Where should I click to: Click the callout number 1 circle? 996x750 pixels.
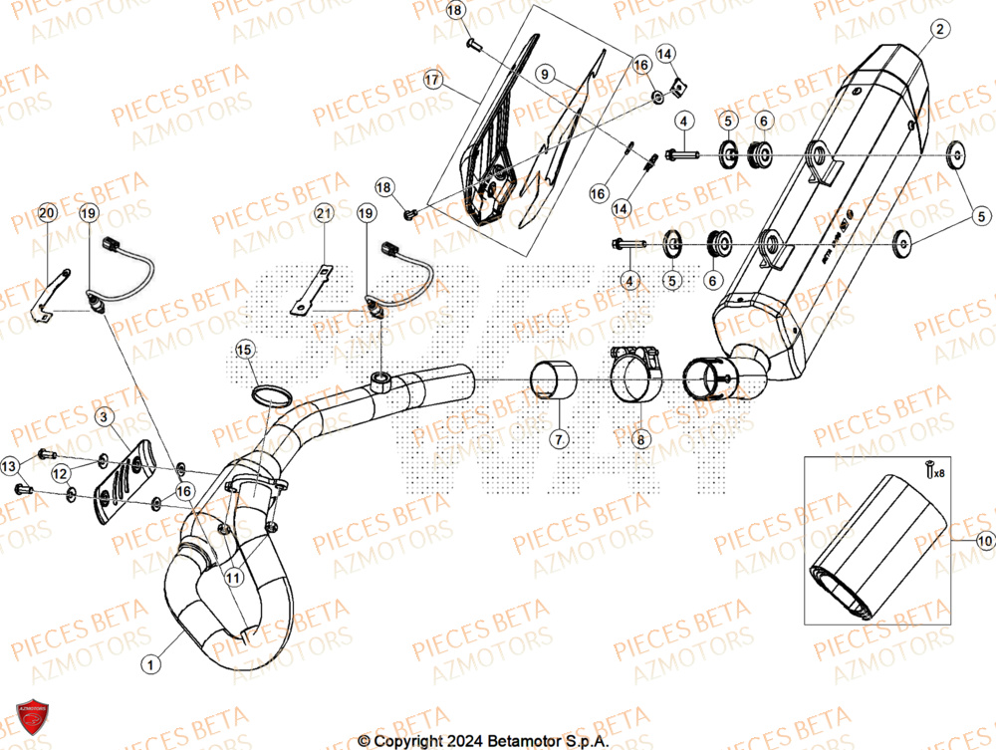pyautogui.click(x=150, y=662)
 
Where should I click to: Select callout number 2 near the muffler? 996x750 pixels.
pyautogui.click(x=938, y=30)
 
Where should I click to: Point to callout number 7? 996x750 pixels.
pyautogui.click(x=559, y=438)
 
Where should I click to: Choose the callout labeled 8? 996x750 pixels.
pyautogui.click(x=638, y=438)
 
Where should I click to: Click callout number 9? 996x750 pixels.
pyautogui.click(x=544, y=74)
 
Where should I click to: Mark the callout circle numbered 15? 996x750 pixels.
pyautogui.click(x=245, y=349)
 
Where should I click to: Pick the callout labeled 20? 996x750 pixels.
pyautogui.click(x=46, y=213)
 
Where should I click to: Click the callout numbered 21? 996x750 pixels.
pyautogui.click(x=322, y=213)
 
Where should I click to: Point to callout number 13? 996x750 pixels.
pyautogui.click(x=9, y=465)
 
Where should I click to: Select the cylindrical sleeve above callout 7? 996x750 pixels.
pyautogui.click(x=546, y=380)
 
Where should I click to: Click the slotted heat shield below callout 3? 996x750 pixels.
pyautogui.click(x=125, y=482)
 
